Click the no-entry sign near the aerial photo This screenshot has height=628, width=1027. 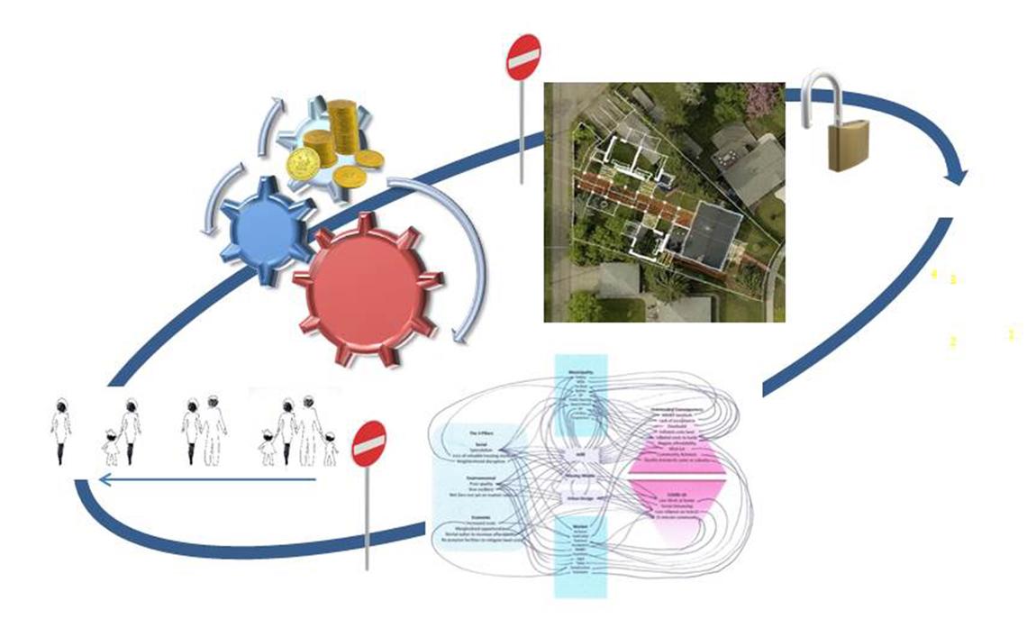coord(523,59)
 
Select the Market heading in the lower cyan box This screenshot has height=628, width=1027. coord(580,524)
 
